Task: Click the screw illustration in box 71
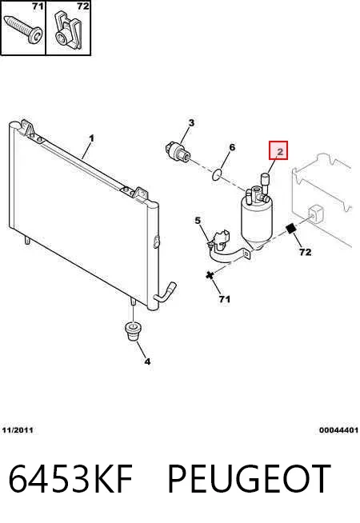(x=23, y=30)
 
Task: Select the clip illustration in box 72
(x=68, y=30)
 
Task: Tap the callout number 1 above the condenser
(x=91, y=138)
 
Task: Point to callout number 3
(x=191, y=123)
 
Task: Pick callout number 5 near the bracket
(x=198, y=221)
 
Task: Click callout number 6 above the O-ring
(x=232, y=147)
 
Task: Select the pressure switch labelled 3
(x=178, y=151)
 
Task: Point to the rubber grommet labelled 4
(x=133, y=331)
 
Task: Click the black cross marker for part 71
(x=210, y=275)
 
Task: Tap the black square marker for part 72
(x=291, y=229)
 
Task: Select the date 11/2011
(x=18, y=430)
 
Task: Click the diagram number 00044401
(x=338, y=430)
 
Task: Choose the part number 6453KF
(x=70, y=478)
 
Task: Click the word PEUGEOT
(x=250, y=478)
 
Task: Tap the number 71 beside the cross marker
(x=225, y=299)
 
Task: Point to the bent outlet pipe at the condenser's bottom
(x=165, y=293)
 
